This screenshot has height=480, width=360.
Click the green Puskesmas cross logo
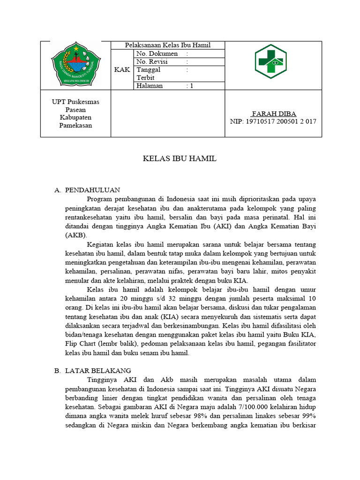273,61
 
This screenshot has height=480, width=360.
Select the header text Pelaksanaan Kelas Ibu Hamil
167,45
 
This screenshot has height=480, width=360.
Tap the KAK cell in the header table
122,69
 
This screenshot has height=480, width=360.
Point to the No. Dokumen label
157,53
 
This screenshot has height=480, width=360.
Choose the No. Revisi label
152,61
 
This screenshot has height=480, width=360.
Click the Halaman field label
150,86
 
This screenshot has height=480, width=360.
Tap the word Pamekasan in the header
75,126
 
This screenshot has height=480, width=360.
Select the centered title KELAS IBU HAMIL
180,159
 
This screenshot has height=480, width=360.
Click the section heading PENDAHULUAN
93,190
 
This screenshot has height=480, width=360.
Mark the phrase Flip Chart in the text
81,344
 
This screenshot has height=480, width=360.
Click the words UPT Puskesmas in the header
75,102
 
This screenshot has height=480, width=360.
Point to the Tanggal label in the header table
148,69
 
